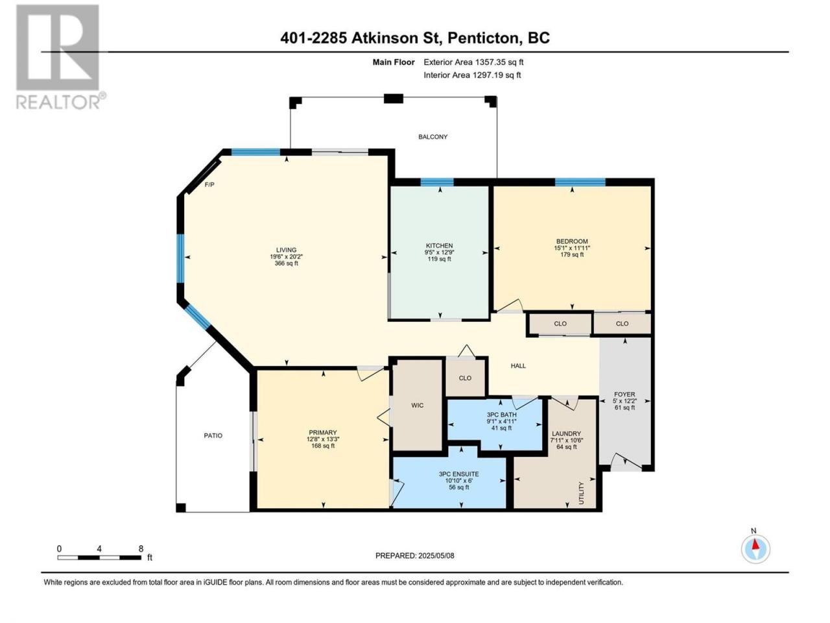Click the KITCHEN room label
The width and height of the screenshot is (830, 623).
439,245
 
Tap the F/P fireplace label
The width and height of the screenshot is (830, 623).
209,184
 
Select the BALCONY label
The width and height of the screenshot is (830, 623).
433,136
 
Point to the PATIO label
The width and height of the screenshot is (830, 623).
213,435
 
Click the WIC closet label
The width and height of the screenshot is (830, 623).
417,405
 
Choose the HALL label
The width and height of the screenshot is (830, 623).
518,366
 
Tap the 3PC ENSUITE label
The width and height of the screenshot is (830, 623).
458,474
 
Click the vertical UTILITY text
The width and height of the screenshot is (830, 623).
581,493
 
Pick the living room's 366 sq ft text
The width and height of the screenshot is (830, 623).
286,263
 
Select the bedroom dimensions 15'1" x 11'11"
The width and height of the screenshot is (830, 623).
572,248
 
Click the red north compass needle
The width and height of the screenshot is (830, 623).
755,544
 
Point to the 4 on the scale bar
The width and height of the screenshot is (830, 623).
99,549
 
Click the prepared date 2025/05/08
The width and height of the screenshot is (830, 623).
436,556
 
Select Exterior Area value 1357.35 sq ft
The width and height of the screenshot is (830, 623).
499,62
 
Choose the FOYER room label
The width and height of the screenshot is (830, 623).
624,394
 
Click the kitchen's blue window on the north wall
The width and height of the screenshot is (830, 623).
437,182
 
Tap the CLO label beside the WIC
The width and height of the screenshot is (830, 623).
465,378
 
